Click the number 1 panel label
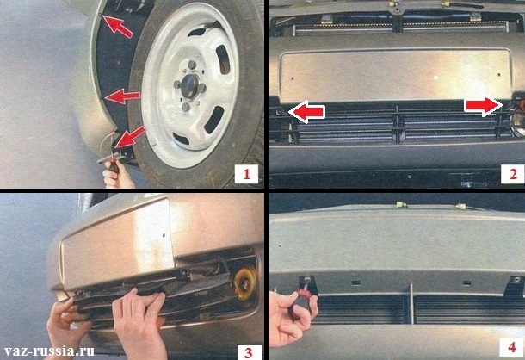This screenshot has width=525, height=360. [x=246, y=174]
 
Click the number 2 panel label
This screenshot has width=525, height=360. [x=513, y=174]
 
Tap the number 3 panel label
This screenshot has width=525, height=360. [x=249, y=352]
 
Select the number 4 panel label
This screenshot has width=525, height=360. [x=511, y=347]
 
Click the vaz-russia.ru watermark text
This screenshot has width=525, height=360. [x=49, y=351]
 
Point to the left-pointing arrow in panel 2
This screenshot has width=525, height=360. [x=306, y=111]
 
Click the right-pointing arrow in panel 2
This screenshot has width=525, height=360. [x=483, y=106]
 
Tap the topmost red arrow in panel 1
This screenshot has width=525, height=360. [x=118, y=26]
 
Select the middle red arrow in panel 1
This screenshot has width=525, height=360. [x=122, y=96]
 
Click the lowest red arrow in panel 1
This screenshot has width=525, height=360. [x=131, y=137]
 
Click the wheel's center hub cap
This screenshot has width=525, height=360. [x=190, y=86]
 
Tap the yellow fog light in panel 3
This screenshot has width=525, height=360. [x=244, y=284]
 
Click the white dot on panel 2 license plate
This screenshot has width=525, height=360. [x=435, y=78]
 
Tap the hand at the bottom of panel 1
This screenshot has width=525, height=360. [x=118, y=174]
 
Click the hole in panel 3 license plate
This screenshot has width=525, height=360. [x=164, y=235]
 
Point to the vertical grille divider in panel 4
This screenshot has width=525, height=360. [x=411, y=304]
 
